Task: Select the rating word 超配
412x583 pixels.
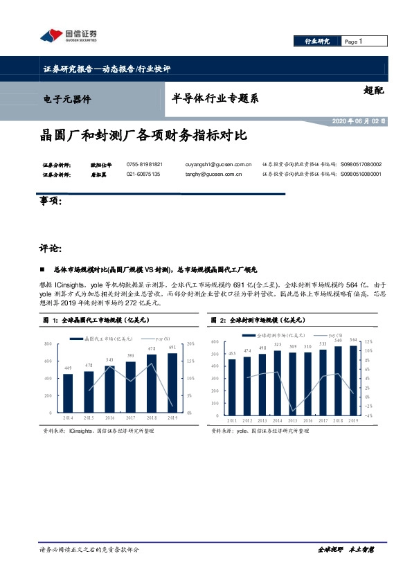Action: pyautogui.click(x=373, y=89)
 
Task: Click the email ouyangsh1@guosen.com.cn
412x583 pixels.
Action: pyautogui.click(x=218, y=164)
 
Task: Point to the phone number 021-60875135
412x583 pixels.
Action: pyautogui.click(x=143, y=174)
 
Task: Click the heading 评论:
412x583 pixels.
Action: pyautogui.click(x=51, y=247)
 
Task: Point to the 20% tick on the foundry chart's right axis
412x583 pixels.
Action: pyautogui.click(x=190, y=343)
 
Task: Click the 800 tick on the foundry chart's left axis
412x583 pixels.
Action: pyautogui.click(x=47, y=343)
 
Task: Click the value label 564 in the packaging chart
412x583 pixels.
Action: pyautogui.click(x=353, y=339)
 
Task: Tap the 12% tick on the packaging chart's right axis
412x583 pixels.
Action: pyautogui.click(x=369, y=341)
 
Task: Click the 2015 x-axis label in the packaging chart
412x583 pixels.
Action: pyautogui.click(x=292, y=420)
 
